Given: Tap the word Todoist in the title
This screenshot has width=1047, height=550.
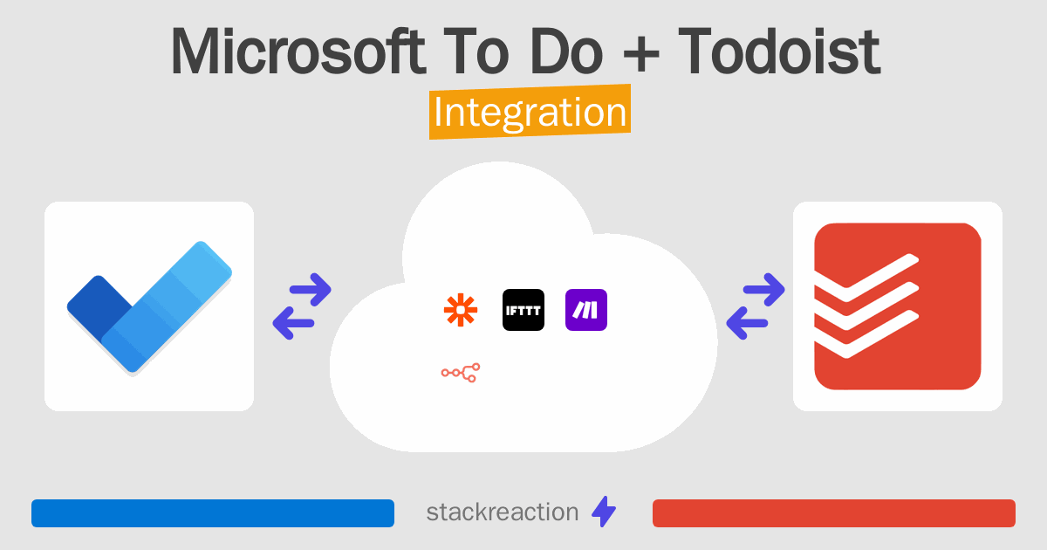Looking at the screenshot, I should point(779,52).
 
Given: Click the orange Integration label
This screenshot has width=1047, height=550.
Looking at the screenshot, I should point(530,113).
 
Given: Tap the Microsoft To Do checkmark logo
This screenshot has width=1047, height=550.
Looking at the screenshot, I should point(149,306).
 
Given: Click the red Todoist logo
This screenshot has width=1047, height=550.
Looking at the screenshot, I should point(897,306).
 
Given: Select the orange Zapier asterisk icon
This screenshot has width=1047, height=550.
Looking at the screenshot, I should point(461,310).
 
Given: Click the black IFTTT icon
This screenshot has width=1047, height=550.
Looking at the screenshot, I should point(523,310).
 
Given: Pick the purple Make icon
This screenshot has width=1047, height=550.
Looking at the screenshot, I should point(586,310).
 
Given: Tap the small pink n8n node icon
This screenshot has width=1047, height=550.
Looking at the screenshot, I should point(461,373).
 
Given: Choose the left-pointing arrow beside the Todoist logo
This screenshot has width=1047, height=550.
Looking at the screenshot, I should point(747,323).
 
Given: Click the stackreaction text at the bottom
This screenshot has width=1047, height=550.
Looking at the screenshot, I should point(502,512).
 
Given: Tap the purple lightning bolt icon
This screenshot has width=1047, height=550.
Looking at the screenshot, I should point(604,512).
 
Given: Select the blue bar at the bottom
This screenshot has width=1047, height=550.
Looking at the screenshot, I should point(213,513).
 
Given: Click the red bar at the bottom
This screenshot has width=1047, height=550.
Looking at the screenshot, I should point(833,513).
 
